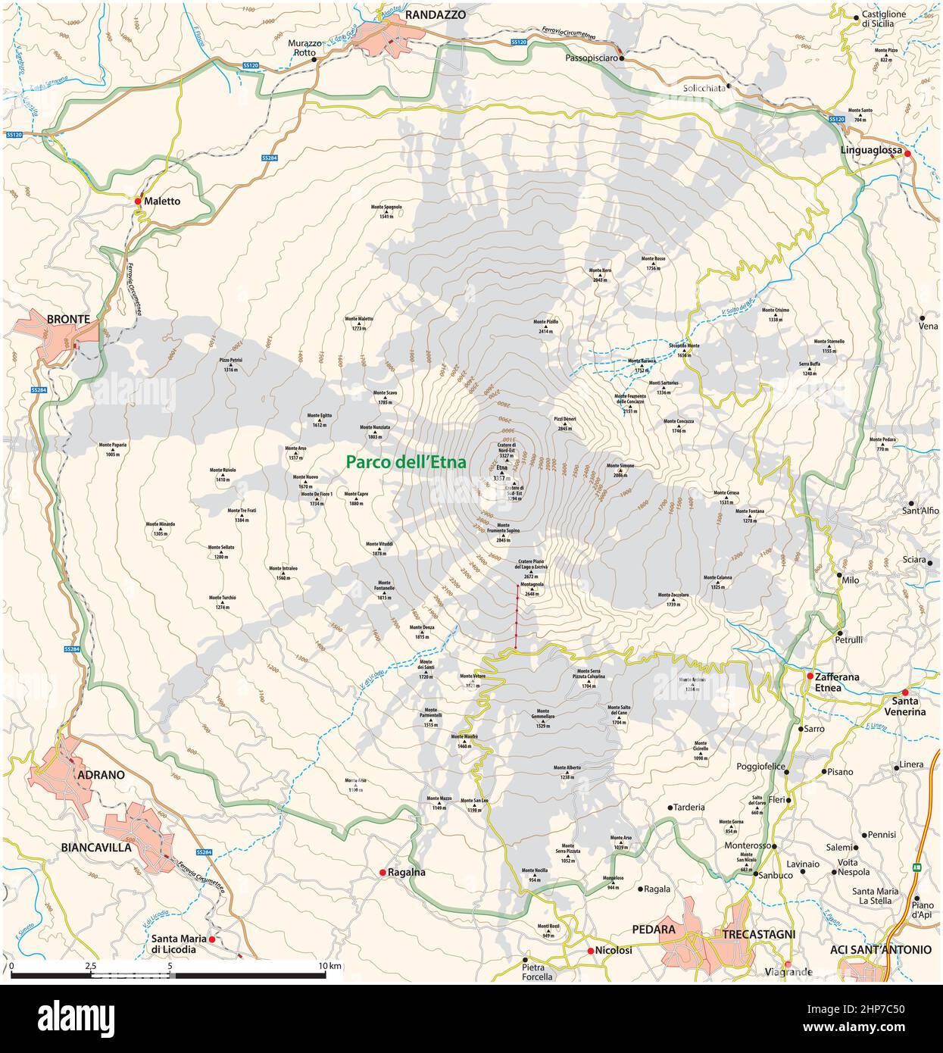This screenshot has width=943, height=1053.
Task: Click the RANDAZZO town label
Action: point(436,14)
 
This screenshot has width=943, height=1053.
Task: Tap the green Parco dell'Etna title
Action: point(406,461)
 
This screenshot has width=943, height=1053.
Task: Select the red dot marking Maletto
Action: point(138,202)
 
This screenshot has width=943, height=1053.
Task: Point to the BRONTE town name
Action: point(68,320)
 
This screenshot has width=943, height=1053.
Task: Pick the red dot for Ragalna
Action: point(383,873)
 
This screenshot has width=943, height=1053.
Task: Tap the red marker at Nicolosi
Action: point(590,951)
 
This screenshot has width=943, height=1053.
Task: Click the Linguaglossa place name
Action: point(871,151)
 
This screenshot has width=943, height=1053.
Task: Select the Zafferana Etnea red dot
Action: point(810,676)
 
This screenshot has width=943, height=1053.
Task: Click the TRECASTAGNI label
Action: point(758,934)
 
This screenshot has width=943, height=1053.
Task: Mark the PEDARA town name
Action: point(654,929)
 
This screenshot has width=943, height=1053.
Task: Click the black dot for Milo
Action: point(839,578)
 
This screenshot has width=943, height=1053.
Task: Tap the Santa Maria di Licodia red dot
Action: point(212,939)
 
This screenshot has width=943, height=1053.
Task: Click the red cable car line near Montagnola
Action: point(517,616)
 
